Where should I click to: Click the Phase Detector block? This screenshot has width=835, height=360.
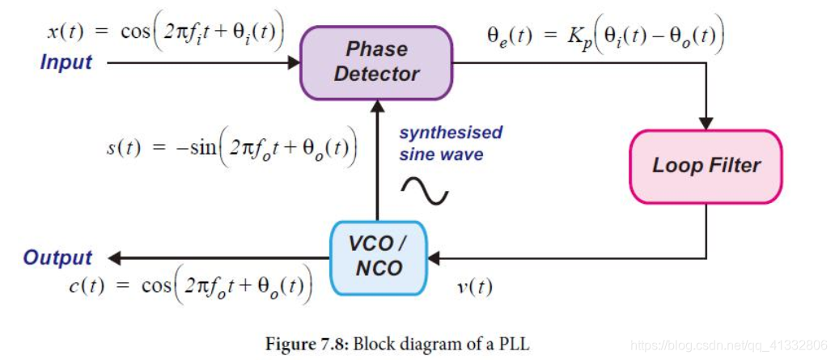(x=376, y=61)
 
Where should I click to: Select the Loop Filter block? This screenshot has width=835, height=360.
(x=706, y=166)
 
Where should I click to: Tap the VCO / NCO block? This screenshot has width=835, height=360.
(x=378, y=256)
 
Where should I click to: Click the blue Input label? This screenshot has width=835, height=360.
(x=66, y=62)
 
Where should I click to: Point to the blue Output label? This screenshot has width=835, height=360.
(x=57, y=258)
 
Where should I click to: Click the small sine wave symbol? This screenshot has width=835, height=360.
(x=425, y=190)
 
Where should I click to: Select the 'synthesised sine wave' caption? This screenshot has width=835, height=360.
(x=451, y=142)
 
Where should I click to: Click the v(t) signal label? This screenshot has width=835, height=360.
(x=474, y=286)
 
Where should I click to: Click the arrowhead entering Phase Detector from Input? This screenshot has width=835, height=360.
(x=294, y=61)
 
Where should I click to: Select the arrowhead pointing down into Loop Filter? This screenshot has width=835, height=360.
(x=706, y=124)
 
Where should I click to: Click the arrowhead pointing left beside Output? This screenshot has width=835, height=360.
(x=115, y=258)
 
